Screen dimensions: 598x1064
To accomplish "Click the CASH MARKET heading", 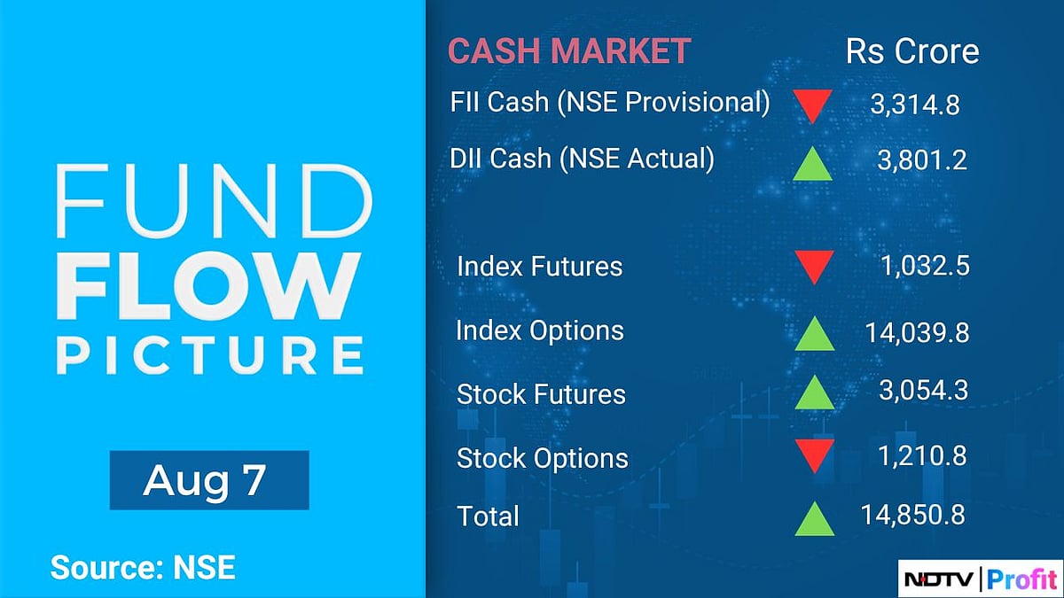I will click(569, 51).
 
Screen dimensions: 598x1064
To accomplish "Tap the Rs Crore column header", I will click(912, 51).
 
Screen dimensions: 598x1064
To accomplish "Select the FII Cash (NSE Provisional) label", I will click(610, 103).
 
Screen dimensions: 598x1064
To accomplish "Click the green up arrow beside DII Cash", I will click(812, 163).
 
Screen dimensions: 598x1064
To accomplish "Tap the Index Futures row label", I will click(539, 266).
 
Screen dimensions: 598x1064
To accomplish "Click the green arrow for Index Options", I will click(814, 333).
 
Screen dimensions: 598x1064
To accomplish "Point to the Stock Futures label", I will click(541, 394).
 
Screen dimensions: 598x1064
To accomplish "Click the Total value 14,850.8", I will click(913, 515).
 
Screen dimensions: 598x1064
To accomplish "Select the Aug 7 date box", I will click(209, 480).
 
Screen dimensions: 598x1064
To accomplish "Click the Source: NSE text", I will click(143, 567).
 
